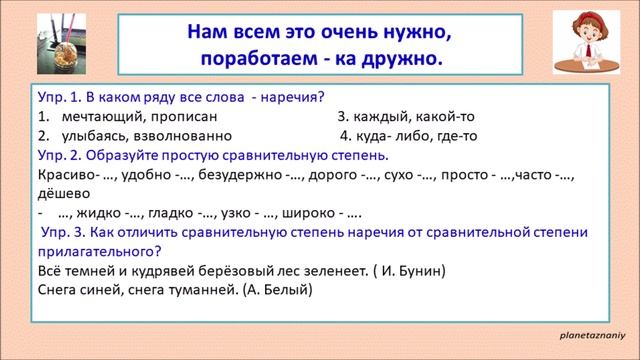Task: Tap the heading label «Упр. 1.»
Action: pyautogui.click(x=59, y=97)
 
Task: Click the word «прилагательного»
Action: pyautogui.click(x=97, y=251)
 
